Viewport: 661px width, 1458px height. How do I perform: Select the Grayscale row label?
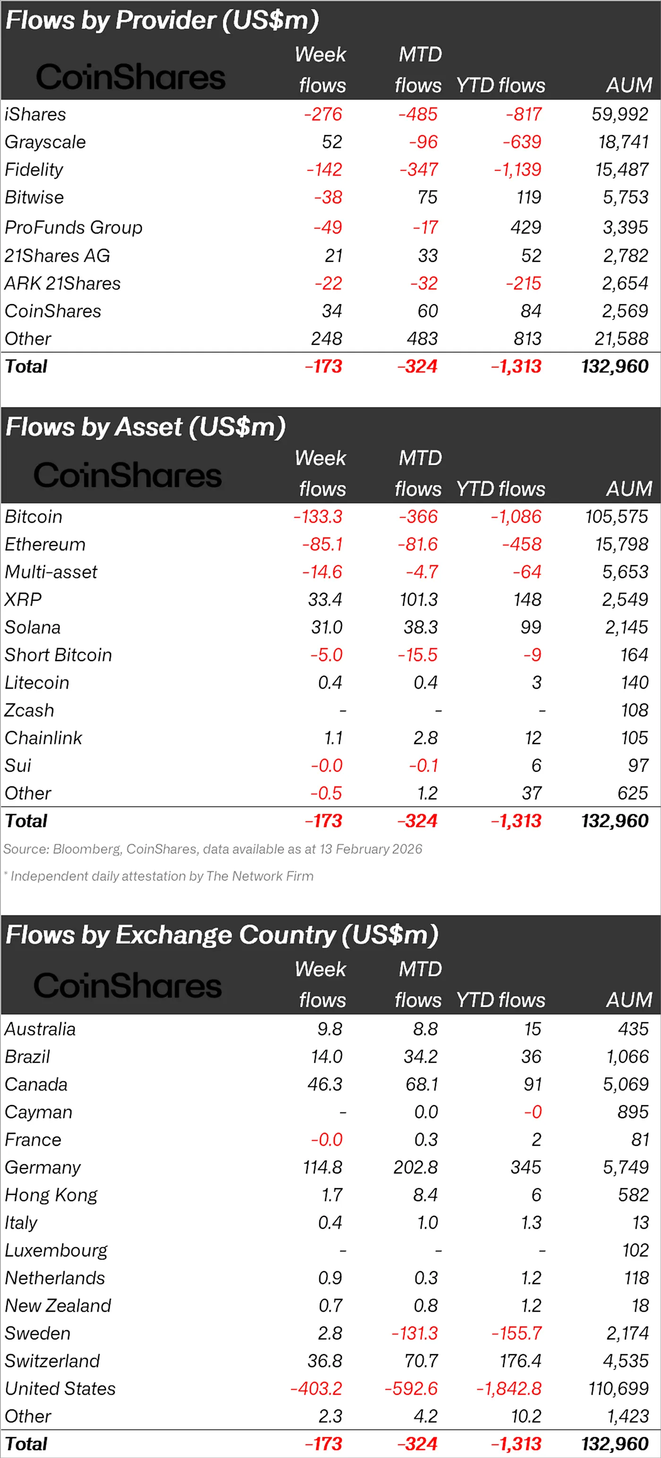click(x=45, y=142)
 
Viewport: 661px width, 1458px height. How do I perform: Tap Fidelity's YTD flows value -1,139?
click(x=517, y=170)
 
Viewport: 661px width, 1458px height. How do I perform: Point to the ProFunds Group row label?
click(x=74, y=227)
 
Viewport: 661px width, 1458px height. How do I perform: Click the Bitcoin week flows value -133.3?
click(x=318, y=517)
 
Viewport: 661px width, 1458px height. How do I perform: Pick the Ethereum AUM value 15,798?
click(x=621, y=545)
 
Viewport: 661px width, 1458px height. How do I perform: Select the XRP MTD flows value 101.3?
click(x=419, y=599)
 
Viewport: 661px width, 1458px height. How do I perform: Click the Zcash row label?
click(x=29, y=710)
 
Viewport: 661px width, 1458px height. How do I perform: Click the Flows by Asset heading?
click(x=145, y=427)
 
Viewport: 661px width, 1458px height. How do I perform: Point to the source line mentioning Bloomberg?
click(x=212, y=849)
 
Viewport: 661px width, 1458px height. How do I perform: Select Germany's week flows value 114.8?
click(x=322, y=1167)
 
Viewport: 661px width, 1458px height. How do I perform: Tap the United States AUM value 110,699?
click(x=618, y=1388)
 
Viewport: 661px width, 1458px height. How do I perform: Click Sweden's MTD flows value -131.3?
click(x=415, y=1333)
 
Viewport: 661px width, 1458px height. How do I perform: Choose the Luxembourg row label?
click(x=56, y=1250)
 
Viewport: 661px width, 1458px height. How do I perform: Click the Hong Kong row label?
click(x=51, y=1195)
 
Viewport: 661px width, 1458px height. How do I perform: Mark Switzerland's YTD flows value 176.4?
click(x=520, y=1361)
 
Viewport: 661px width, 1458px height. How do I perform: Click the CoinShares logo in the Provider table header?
click(x=130, y=77)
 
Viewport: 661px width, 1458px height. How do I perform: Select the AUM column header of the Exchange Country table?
click(x=629, y=1000)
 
